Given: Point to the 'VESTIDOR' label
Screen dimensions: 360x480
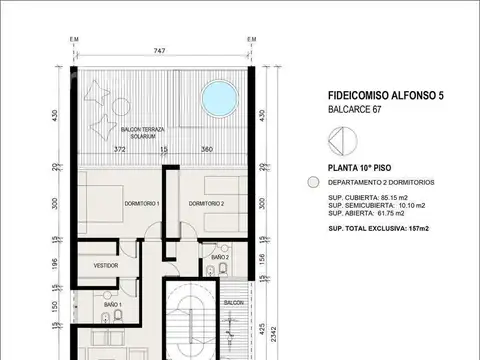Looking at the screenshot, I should [x=106, y=266].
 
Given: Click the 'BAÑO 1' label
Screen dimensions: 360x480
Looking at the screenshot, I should [x=113, y=304].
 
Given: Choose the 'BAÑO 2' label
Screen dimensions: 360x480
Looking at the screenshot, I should [x=221, y=258].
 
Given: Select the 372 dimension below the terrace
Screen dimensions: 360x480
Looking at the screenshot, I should [x=120, y=150].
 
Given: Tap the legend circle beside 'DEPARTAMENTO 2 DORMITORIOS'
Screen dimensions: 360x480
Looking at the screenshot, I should [x=313, y=185].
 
